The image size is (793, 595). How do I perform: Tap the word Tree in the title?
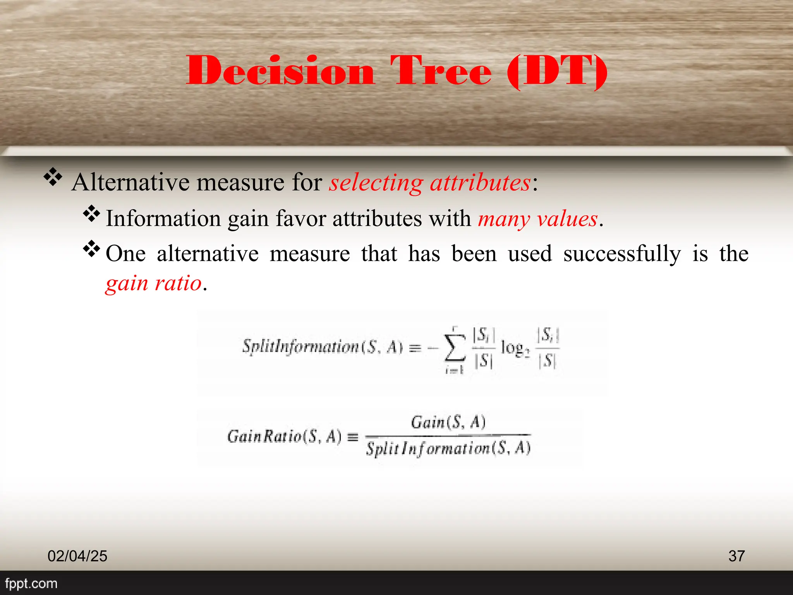click(441, 71)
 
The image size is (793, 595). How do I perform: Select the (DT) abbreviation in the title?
click(557, 71)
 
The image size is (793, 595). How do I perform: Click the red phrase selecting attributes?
click(430, 182)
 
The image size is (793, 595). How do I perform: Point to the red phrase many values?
click(538, 219)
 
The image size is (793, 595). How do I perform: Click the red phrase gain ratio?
click(154, 283)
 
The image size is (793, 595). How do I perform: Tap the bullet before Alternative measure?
click(53, 178)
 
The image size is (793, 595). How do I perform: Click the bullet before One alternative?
click(92, 249)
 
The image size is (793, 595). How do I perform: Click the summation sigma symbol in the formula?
click(455, 347)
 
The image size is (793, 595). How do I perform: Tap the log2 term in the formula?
click(515, 348)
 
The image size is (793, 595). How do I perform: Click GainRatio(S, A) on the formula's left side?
click(285, 437)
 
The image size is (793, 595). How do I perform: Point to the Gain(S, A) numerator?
click(448, 422)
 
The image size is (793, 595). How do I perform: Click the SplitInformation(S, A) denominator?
click(448, 448)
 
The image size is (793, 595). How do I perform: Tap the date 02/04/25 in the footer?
click(77, 556)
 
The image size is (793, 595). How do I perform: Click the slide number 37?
click(736, 556)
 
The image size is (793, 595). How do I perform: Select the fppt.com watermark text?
click(31, 583)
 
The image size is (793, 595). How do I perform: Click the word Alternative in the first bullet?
click(131, 182)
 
